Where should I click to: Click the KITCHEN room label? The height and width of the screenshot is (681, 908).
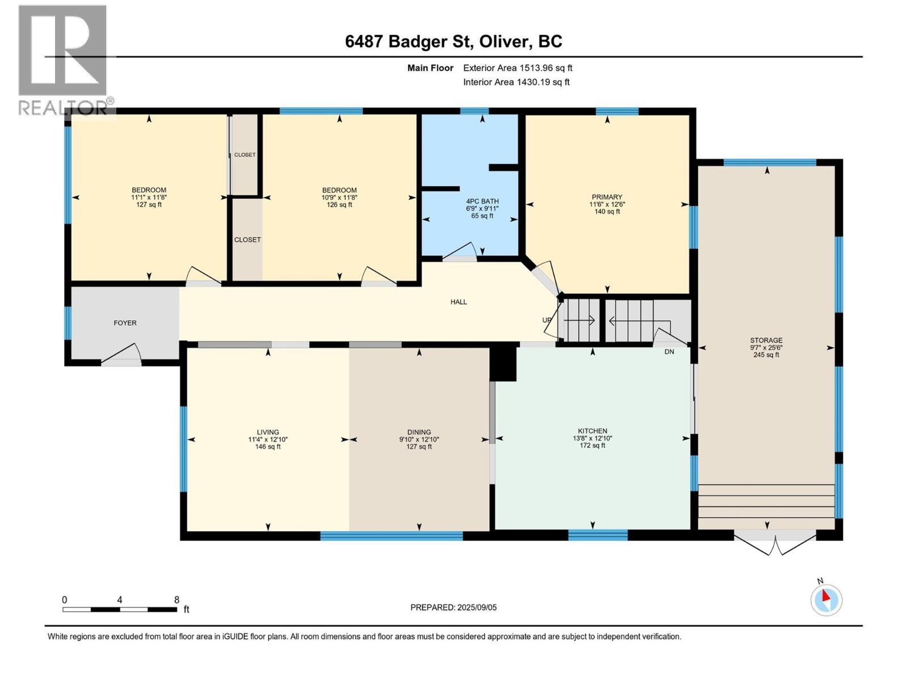click(x=592, y=431)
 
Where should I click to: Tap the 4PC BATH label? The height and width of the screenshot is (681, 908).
click(x=482, y=201)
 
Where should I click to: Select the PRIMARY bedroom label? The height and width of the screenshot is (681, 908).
click(x=607, y=197)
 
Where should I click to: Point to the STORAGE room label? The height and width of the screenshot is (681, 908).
click(x=766, y=340)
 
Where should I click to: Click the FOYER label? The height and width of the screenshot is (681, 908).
click(x=125, y=323)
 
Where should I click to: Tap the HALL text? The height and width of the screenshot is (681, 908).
click(x=459, y=302)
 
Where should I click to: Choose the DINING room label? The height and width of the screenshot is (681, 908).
click(x=419, y=432)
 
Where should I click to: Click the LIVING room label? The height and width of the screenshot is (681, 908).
click(x=268, y=432)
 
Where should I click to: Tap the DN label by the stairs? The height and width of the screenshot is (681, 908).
click(x=669, y=352)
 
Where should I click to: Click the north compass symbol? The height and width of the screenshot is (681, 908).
click(x=826, y=599)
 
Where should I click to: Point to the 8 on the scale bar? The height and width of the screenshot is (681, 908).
click(x=176, y=600)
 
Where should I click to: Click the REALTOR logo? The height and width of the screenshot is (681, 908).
click(x=64, y=60)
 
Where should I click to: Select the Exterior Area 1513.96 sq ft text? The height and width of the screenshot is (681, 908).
click(x=517, y=68)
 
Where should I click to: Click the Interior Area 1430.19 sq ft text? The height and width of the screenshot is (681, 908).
click(x=516, y=82)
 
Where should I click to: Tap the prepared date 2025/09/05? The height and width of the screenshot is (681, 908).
click(x=476, y=607)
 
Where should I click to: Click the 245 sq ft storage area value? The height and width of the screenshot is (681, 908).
click(x=766, y=355)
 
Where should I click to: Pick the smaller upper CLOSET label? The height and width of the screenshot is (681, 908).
click(x=245, y=155)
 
